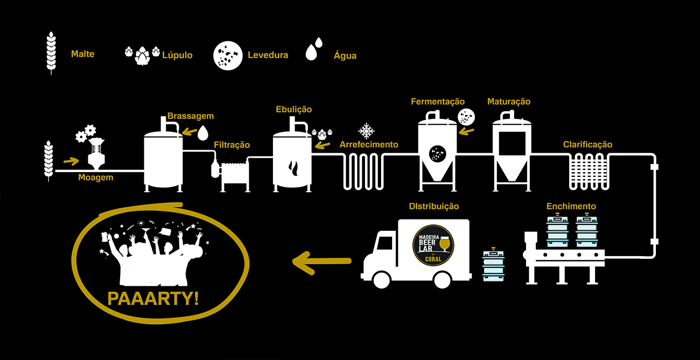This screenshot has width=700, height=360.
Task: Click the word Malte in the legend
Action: click(82, 54)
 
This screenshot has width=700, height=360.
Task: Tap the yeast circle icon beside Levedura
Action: click(227, 55)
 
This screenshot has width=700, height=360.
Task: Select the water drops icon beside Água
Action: click(314, 49)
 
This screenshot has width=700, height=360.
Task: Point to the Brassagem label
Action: click(190, 116)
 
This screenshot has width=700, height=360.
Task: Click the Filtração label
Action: click(232, 145)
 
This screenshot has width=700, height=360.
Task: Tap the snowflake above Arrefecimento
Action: click(367, 131)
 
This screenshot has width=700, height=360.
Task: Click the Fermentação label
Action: click(437, 102)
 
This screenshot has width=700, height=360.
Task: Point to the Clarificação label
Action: click(587, 145)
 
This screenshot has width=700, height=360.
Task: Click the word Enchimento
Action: click(571, 206)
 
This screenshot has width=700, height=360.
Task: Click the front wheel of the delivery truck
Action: click(381, 279)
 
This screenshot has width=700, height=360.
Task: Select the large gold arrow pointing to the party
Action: click(321, 262)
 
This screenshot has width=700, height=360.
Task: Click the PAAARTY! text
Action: click(153, 298)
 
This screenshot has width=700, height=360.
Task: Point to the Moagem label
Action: click(95, 177)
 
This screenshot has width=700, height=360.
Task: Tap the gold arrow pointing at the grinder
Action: click(71, 160)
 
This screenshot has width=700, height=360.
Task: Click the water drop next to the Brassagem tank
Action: click(203, 132)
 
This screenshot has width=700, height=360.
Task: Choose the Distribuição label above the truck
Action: click(433, 206)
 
